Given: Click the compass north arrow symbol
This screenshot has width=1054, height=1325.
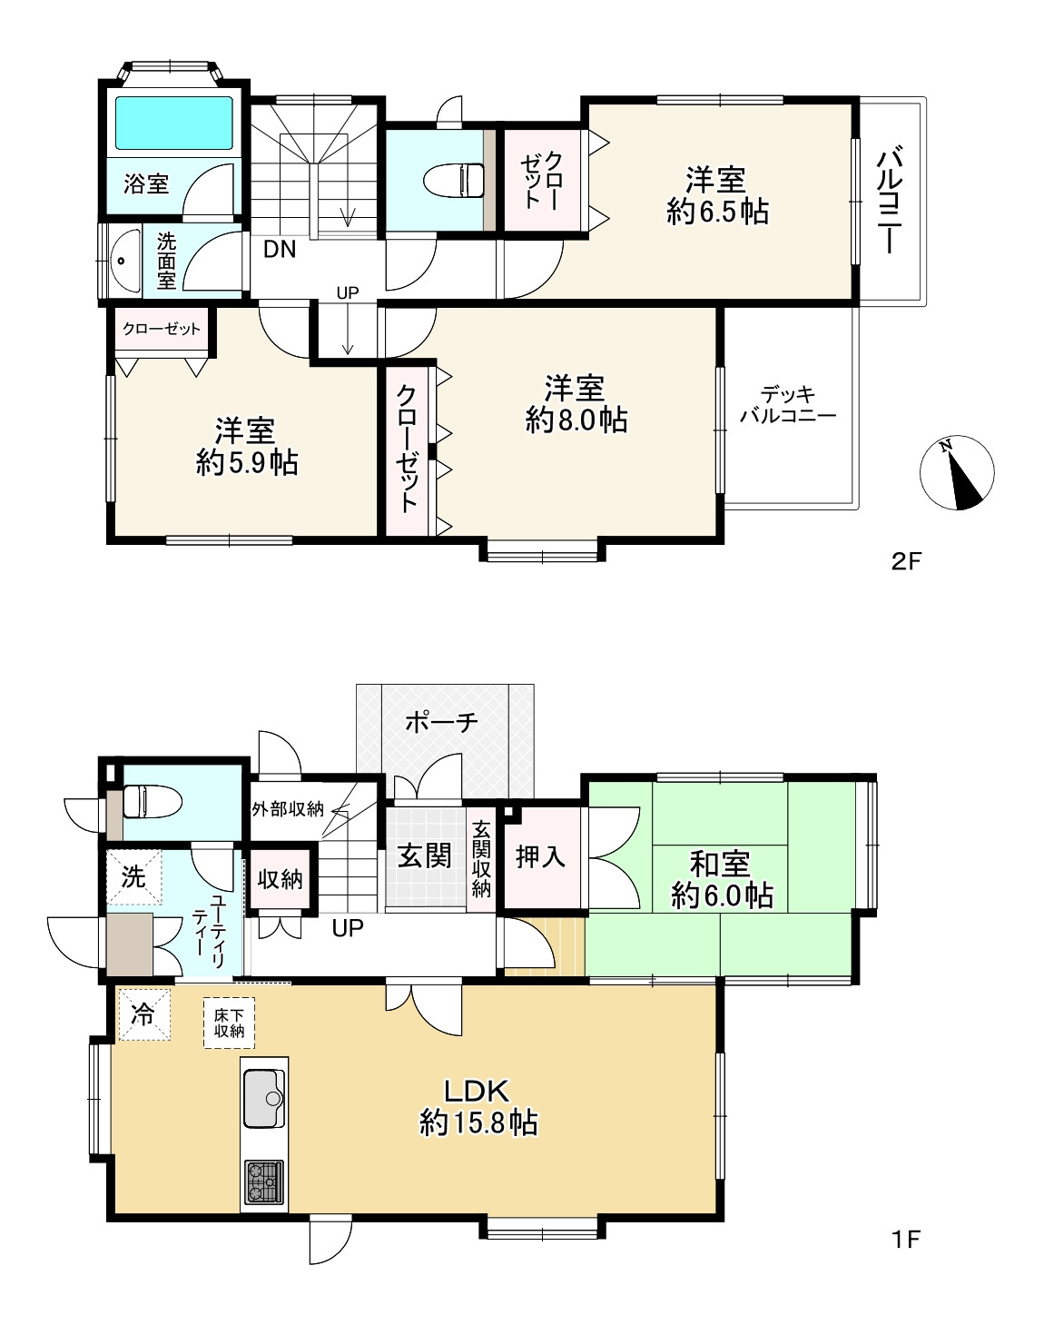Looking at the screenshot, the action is pos(956,473).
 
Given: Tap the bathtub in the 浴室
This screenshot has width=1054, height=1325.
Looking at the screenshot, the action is pos(174,124).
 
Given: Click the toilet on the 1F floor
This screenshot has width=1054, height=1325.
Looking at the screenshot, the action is pos(153,801).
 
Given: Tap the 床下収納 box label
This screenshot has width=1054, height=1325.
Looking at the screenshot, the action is pos(229,1023).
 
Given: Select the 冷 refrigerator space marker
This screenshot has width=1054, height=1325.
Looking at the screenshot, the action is pos(144,1014).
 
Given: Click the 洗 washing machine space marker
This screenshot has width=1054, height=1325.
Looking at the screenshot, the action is pos(133,876).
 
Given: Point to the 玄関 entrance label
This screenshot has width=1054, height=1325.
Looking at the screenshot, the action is pos(424,855).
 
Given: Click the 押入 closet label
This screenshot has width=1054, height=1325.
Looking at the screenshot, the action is pos(540,856).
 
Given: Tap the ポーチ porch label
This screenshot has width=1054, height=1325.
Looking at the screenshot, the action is pos(441,722).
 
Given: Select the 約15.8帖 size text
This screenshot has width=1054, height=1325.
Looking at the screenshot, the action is pos(479,1122).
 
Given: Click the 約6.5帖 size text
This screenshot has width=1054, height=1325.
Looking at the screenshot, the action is pos(717,212).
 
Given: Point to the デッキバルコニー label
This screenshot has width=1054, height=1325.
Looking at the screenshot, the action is pos(788,404).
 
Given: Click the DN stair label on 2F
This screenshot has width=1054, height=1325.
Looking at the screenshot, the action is pos(280,250).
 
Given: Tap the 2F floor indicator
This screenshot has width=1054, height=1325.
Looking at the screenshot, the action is pos(906,561).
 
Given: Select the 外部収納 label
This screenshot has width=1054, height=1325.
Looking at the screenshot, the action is pos(288,809).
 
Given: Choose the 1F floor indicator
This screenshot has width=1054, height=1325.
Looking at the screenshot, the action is pos(906,1239).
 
